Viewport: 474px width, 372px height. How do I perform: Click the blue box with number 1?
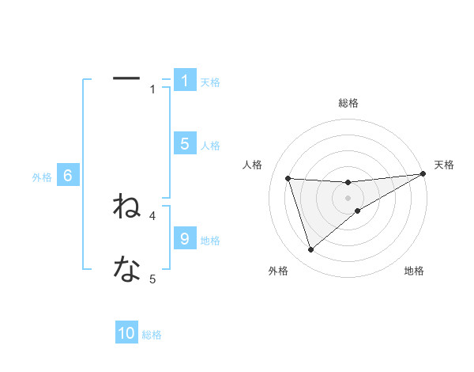pos(185,81)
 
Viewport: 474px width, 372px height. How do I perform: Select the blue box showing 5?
pos(185,144)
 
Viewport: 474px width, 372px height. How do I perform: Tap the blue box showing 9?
pos(185,238)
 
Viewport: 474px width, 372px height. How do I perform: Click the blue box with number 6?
pos(68,177)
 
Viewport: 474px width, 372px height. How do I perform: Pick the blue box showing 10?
pos(126,333)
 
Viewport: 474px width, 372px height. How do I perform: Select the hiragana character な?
pos(126,270)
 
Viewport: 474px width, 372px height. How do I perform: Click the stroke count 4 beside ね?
pos(153,215)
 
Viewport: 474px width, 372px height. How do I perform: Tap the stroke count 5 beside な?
pos(153,279)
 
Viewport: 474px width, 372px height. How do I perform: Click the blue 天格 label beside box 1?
pos(210,82)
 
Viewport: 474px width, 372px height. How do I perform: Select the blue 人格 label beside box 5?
pos(210,145)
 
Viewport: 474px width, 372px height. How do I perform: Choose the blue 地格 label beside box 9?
pos(210,240)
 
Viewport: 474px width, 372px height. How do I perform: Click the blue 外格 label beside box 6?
pos(42,177)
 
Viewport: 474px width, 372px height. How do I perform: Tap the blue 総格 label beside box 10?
pos(152,335)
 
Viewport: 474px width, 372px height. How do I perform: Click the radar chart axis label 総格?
pos(348,103)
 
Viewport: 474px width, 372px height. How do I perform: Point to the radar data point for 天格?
pos(423,174)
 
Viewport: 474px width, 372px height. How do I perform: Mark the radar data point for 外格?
pos(310,250)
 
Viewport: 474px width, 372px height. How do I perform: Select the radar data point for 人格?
pos(288,178)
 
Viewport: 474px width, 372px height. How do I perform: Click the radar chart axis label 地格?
pos(414,271)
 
